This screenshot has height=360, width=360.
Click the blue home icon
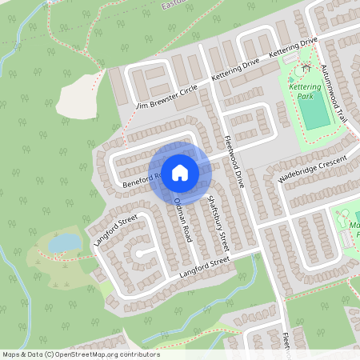[180, 172]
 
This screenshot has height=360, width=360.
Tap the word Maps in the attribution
[11, 354]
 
